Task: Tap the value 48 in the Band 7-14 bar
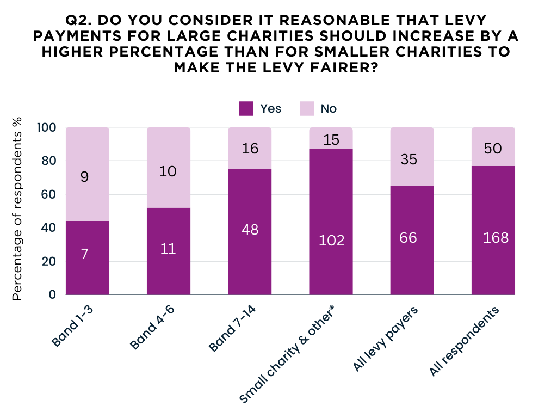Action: (x=250, y=230)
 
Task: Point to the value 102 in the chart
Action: (x=331, y=240)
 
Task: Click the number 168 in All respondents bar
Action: (x=493, y=237)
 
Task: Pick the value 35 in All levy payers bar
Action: (x=412, y=159)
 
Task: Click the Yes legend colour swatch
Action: (x=246, y=108)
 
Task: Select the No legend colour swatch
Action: (x=307, y=108)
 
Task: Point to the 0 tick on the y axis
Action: (x=52, y=294)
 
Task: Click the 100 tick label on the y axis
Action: (x=46, y=127)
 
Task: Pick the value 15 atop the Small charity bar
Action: (x=331, y=139)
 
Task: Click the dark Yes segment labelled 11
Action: (x=169, y=251)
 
